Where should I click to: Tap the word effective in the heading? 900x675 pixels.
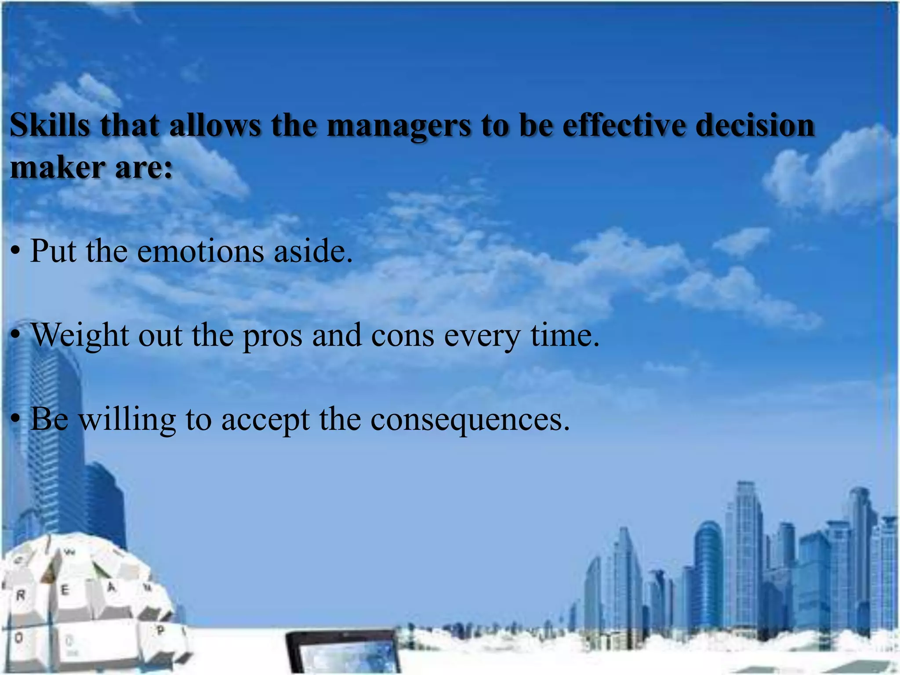click(624, 125)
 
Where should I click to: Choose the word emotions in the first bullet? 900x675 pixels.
click(201, 251)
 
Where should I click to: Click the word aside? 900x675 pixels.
click(313, 251)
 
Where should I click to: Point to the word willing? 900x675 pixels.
click(127, 420)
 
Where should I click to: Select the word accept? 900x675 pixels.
click(265, 420)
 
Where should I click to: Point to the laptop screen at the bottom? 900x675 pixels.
click(343, 655)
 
